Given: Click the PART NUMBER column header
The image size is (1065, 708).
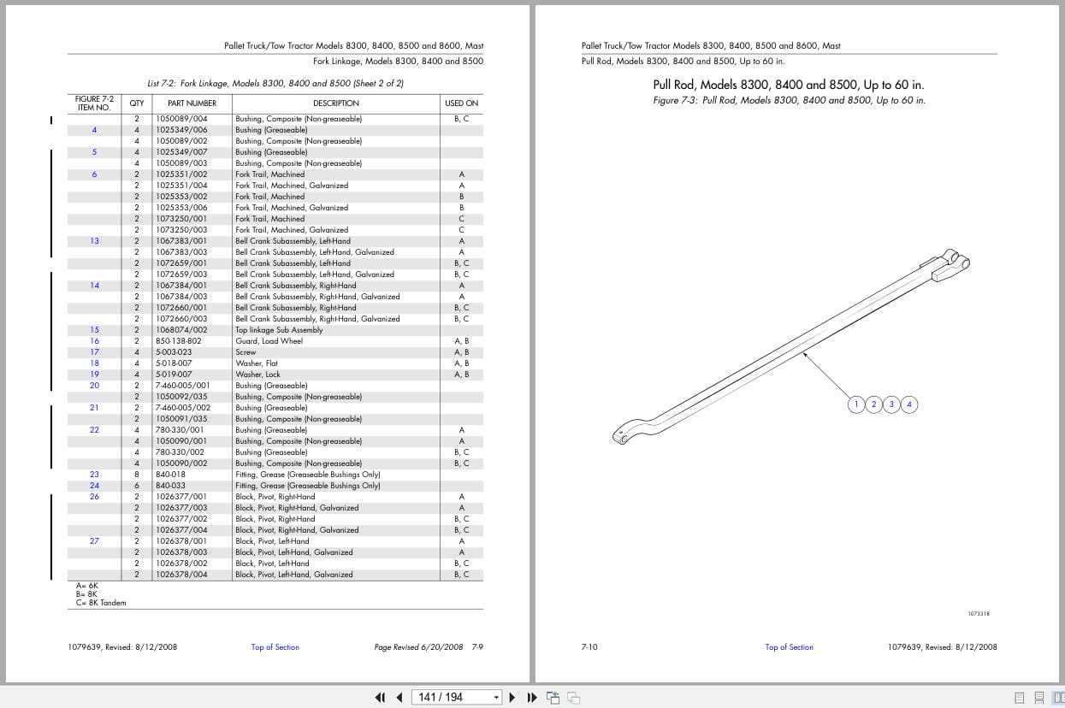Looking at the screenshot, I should coord(192,103).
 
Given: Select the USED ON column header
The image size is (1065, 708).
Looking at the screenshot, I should coord(461,103).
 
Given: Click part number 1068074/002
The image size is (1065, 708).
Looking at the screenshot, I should coord(181,330).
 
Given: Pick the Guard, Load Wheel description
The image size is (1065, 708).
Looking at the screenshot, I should coord(269,341).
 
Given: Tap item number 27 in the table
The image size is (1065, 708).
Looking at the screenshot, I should coord(94,541).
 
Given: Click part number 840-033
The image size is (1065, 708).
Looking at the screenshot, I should coord(170,486).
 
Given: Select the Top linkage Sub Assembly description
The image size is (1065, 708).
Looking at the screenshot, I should coord(279,330).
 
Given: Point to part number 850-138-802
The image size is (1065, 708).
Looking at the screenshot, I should coord(179,341).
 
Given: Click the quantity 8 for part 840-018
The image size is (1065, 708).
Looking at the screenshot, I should coord(136,475).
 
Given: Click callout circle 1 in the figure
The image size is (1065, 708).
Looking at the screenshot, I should coord(856,404).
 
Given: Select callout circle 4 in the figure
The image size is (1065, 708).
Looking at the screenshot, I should coord(909,404).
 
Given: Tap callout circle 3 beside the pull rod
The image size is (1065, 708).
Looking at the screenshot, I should coord(891,404).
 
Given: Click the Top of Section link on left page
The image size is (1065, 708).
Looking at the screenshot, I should coord(275,647).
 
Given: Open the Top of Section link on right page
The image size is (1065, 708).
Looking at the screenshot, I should coord(789,647).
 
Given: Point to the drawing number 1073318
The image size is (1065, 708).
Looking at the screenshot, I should coord(979,613).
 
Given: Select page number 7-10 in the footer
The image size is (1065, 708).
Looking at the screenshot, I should coord(589,647).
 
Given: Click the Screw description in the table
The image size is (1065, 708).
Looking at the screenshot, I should coord(246,352).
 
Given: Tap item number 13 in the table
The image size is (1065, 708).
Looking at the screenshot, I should coord(94,241).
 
